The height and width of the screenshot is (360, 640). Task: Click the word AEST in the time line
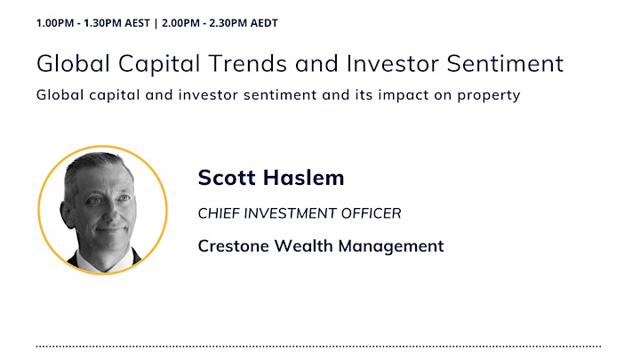click(137, 23)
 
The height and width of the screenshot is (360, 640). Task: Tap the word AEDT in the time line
click(264, 23)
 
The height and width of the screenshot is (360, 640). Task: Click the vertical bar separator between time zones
click(156, 23)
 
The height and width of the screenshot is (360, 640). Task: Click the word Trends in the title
click(248, 64)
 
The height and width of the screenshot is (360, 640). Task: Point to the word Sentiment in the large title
click(505, 64)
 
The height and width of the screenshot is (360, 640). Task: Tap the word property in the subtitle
click(489, 95)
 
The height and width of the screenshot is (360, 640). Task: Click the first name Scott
click(227, 178)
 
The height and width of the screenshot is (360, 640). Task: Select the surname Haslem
click(303, 178)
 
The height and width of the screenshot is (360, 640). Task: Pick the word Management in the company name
click(390, 246)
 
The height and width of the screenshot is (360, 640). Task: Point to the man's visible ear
click(68, 213)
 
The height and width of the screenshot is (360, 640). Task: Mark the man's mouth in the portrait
click(109, 230)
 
